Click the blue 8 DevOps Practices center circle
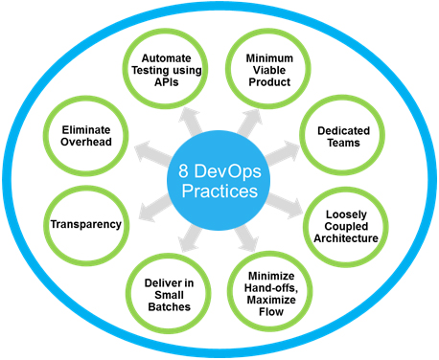click(x=219, y=180)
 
